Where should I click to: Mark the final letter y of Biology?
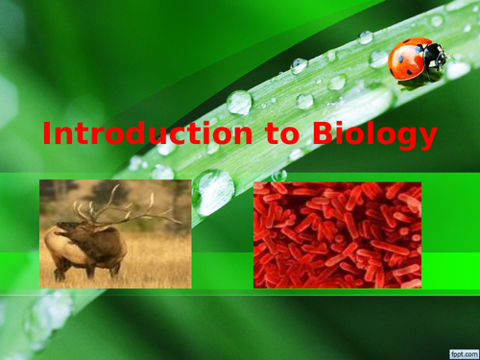(x=427, y=138)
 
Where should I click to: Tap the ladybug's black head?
(x=437, y=58)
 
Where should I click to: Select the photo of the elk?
(x=115, y=234)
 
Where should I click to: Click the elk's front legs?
(x=73, y=269)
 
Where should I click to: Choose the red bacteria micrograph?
(x=337, y=234)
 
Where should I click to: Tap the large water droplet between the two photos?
(x=212, y=192)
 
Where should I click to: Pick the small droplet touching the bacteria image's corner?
(x=279, y=176)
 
